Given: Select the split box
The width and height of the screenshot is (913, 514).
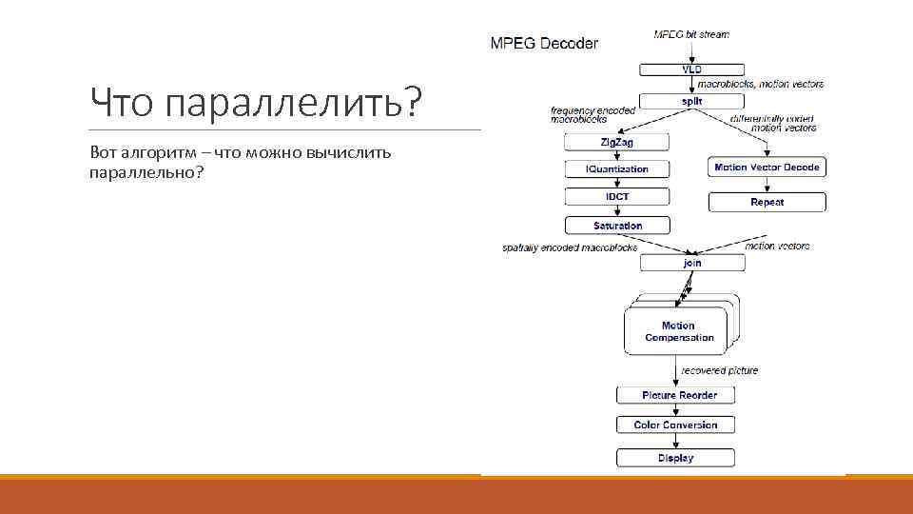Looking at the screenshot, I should point(691,100).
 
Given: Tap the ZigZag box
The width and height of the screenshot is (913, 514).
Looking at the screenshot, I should point(616,142).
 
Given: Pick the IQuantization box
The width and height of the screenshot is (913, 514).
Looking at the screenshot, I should point(616,168).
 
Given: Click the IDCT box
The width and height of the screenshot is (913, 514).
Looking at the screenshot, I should point(616,197).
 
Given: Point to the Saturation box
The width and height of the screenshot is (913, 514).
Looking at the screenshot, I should point(616,226).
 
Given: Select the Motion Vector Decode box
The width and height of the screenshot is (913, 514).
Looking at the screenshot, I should point(767,168).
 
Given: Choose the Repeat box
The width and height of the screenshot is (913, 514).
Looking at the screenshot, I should point(767,202).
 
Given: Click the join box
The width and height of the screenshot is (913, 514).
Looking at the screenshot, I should point(691,263).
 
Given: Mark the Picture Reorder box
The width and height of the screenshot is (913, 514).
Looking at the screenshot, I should point(678,395).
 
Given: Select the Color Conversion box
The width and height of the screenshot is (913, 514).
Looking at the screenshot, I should point(675,425).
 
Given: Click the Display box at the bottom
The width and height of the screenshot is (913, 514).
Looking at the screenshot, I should point(675,458).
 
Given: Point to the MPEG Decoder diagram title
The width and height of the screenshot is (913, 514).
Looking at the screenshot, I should point(544,43).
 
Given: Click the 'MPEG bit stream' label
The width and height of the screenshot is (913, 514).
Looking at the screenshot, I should point(691,34).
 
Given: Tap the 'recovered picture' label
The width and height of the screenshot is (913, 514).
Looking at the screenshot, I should point(720,370).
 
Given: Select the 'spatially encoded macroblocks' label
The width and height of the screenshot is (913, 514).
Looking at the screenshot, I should point(570,247).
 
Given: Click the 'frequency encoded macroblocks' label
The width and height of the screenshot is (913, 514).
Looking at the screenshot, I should point(592,115).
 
